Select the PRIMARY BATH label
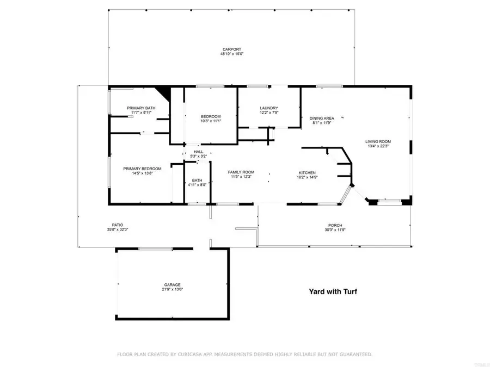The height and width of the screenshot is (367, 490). click(x=141, y=108)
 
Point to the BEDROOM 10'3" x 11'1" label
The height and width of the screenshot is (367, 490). click(x=211, y=117)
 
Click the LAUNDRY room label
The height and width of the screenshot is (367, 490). click(x=269, y=108)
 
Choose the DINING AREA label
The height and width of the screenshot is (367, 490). click(x=322, y=118)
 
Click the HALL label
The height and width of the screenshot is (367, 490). click(x=199, y=152)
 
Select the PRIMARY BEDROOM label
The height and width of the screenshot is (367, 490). click(x=142, y=169)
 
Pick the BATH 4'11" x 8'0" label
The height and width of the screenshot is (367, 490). click(x=197, y=180)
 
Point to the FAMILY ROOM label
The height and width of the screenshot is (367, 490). click(x=241, y=172)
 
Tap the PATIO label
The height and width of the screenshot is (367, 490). click(x=118, y=225)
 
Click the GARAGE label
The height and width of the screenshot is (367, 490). click(x=173, y=284)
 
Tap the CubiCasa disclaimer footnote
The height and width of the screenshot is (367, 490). click(x=245, y=354)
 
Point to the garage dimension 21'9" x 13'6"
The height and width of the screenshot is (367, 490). click(x=173, y=290)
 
